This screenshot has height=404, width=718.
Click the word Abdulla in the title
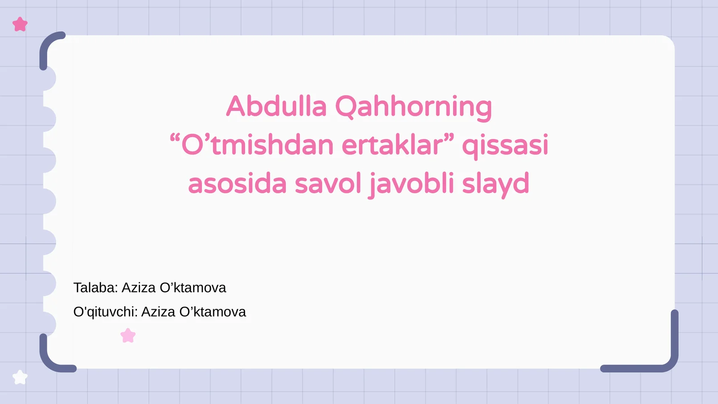(276, 106)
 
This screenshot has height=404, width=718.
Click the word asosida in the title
(237, 184)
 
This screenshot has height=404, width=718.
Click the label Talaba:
(96, 288)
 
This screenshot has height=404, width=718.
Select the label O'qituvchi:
(105, 312)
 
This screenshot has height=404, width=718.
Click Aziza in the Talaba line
(139, 288)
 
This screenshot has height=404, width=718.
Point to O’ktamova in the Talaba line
(193, 288)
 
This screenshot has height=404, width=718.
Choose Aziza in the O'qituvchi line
(158, 312)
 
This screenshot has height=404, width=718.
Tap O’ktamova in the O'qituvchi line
(213, 312)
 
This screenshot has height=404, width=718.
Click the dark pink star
(20, 24)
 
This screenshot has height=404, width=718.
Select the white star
(20, 378)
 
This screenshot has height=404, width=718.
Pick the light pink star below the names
(128, 335)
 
